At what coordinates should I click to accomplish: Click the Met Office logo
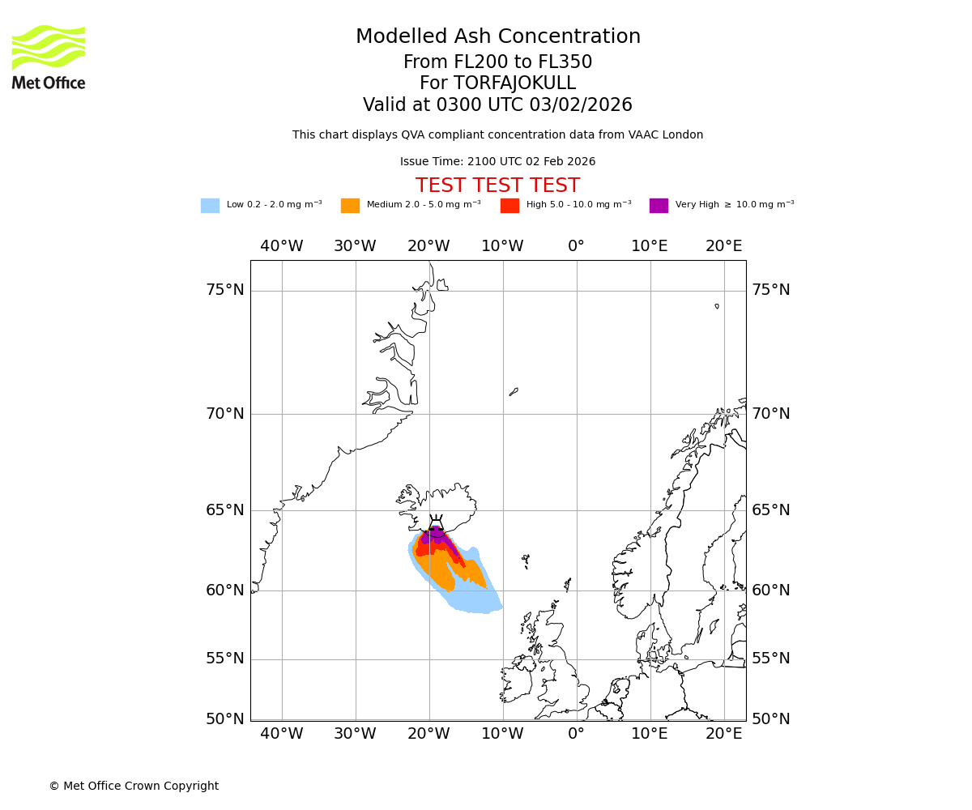pyautogui.click(x=49, y=57)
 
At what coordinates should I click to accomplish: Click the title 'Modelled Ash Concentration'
pyautogui.click(x=497, y=37)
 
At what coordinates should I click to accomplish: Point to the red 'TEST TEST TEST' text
pyautogui.click(x=497, y=185)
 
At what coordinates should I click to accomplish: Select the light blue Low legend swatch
pyautogui.click(x=210, y=206)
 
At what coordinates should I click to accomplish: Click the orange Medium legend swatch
pyautogui.click(x=350, y=206)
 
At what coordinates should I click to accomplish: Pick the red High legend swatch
pyautogui.click(x=509, y=206)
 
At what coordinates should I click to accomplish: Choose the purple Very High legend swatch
pyautogui.click(x=659, y=206)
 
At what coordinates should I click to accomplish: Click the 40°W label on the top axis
pyautogui.click(x=282, y=246)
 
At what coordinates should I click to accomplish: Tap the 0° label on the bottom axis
pyautogui.click(x=576, y=734)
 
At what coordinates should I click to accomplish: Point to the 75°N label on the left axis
pyautogui.click(x=224, y=290)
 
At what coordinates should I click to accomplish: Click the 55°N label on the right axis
pyautogui.click(x=770, y=659)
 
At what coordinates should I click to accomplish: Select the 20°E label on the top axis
pyautogui.click(x=723, y=246)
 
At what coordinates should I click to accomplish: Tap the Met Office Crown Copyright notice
pyautogui.click(x=134, y=786)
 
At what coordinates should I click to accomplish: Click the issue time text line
pyautogui.click(x=497, y=162)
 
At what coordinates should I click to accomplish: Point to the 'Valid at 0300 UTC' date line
pyautogui.click(x=497, y=105)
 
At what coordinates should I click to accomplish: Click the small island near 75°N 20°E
pyautogui.click(x=717, y=306)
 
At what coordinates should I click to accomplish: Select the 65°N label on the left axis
pyautogui.click(x=224, y=510)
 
